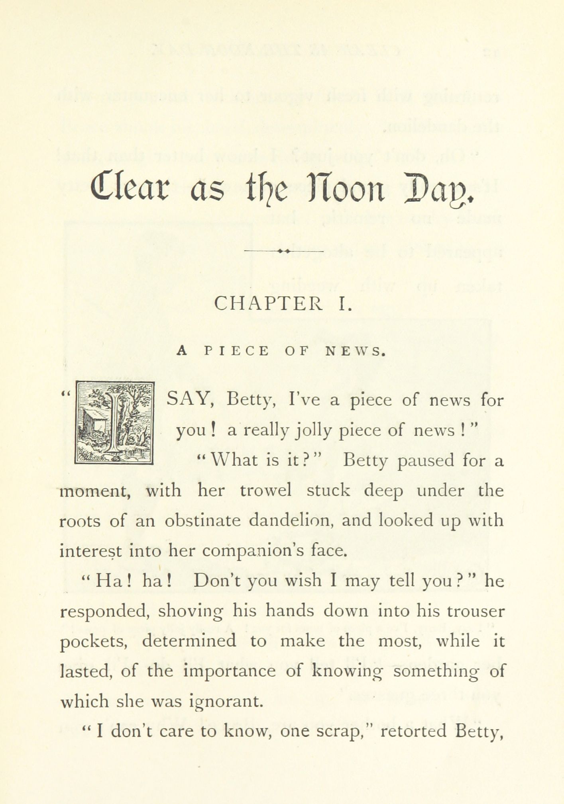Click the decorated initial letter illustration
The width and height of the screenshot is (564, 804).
tap(114, 423)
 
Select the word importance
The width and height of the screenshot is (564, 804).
tap(229, 672)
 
